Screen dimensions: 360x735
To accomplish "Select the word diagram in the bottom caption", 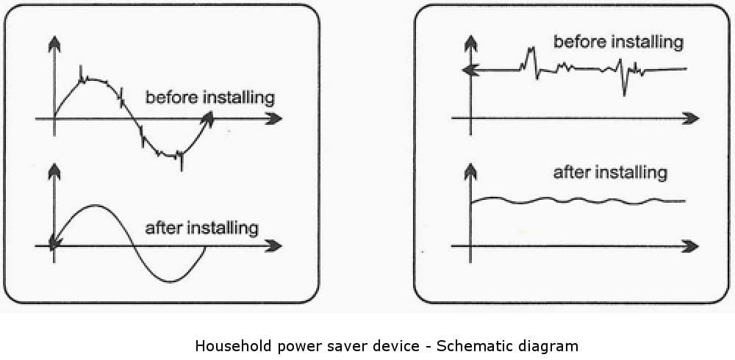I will coord(548,345).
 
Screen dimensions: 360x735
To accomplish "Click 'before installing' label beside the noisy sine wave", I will coord(209,97).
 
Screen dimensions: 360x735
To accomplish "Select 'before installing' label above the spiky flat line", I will coord(617,42).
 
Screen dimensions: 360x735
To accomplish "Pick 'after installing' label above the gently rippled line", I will coord(609,173).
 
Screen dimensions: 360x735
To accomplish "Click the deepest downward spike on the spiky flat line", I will coord(624,94).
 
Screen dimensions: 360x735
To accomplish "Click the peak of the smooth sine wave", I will coord(94,206).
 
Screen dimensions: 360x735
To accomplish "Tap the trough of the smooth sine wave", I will coord(171,281).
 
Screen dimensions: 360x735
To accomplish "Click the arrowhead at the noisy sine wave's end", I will coord(209,117).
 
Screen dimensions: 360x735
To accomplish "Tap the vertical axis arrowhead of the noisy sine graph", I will coord(54,44).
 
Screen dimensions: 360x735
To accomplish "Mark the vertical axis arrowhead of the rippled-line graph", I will coord(470,173).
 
